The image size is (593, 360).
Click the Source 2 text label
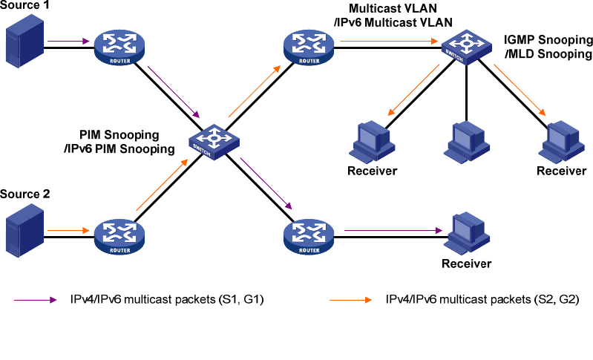[x=26, y=194]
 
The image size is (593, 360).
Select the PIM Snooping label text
[x=127, y=142]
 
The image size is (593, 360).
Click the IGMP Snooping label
[x=548, y=47]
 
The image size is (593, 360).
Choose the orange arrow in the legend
[x=349, y=301]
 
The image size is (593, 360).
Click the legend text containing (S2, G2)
[x=482, y=301]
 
